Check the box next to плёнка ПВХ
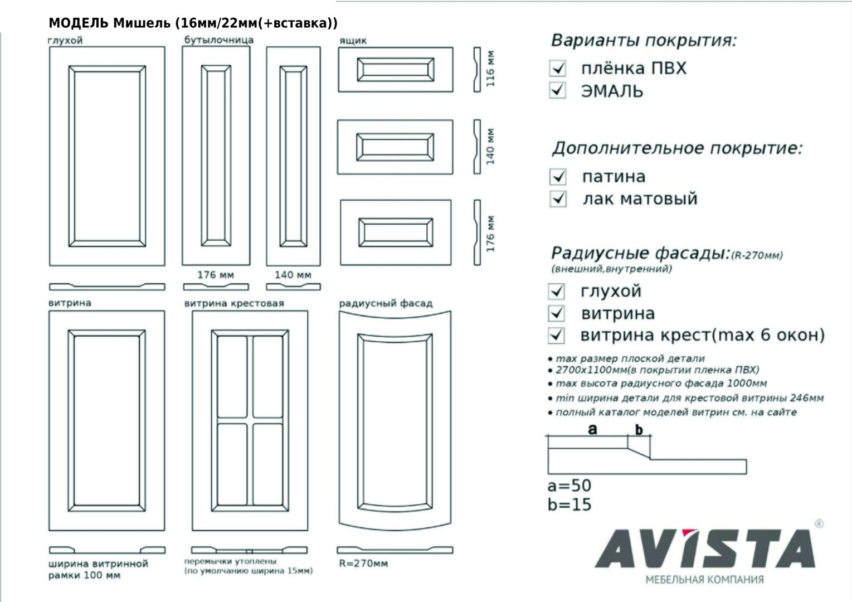[x=557, y=69]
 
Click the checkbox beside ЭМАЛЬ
[x=557, y=90]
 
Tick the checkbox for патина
[x=558, y=177]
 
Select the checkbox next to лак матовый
[x=558, y=198]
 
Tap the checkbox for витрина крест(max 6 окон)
[x=557, y=335]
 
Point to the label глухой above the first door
[x=65, y=41]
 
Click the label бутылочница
[x=218, y=40]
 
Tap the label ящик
[x=353, y=41]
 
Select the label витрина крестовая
[x=234, y=303]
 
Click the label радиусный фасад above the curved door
[x=386, y=303]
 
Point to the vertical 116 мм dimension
[x=490, y=69]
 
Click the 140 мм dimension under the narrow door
[x=293, y=275]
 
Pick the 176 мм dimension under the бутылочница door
[x=216, y=275]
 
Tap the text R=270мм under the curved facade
[x=363, y=563]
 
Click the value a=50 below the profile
[x=569, y=486]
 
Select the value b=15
[x=569, y=504]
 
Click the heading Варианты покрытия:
[x=644, y=41]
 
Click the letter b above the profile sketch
[x=639, y=429]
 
